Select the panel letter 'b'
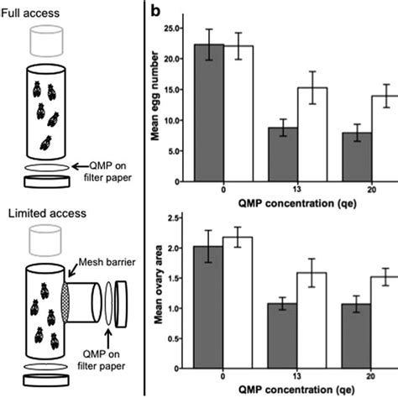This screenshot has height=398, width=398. [155, 12]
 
